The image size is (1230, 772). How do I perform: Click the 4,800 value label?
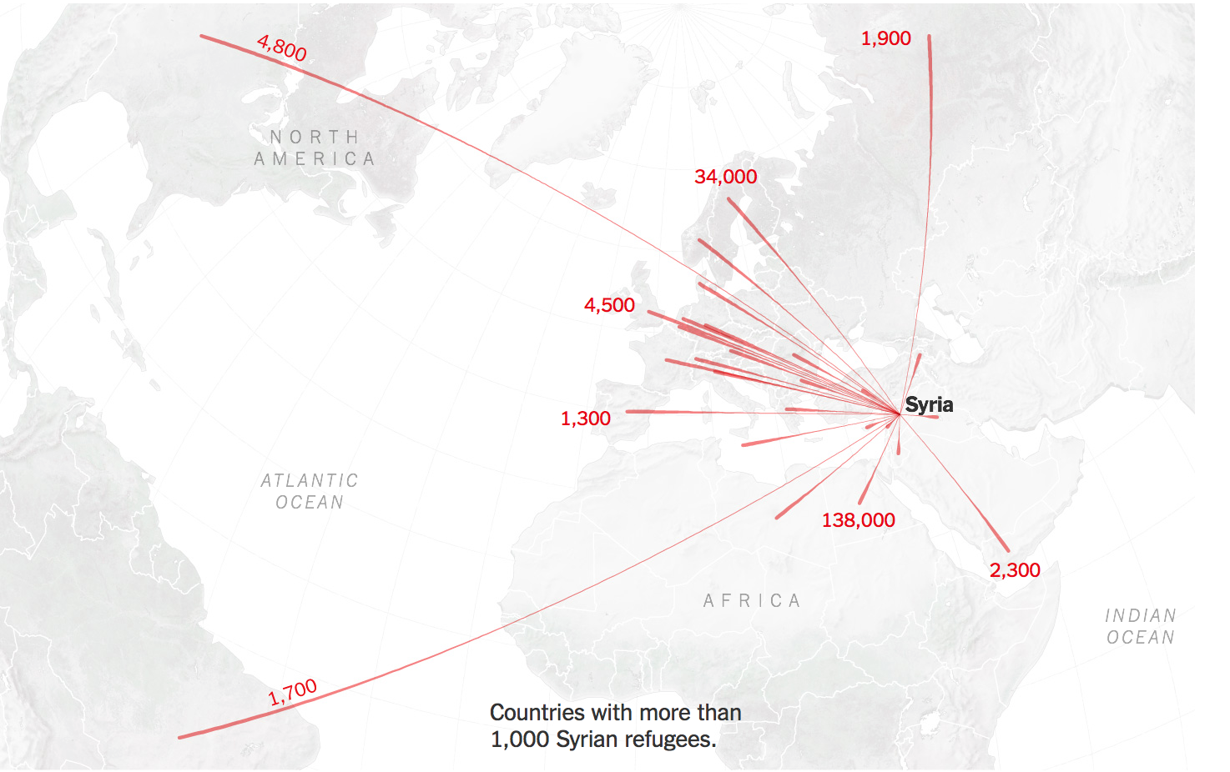coord(282,48)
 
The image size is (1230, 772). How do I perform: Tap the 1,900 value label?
coord(885,38)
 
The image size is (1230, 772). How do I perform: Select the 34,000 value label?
coord(725,177)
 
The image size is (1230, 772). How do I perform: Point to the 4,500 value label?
coord(609,305)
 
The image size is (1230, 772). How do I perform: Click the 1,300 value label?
coord(585,419)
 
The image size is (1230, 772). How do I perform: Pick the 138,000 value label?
coord(858,520)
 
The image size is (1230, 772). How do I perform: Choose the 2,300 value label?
coord(1015,570)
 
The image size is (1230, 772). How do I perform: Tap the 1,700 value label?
coord(293,693)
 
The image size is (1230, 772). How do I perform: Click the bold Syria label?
coord(929,405)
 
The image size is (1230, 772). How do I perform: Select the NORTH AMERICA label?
coord(315,148)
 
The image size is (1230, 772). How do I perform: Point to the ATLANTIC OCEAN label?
coord(310,491)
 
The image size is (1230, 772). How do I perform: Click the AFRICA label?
coord(752,601)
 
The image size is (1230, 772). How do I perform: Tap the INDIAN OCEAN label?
coord(1140,626)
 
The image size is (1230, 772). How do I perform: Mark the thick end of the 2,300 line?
coord(1007,549)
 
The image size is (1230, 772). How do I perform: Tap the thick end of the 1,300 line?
coord(628,411)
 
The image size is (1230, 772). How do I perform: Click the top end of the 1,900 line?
coord(929,37)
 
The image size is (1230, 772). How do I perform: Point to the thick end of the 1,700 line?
coord(181,737)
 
